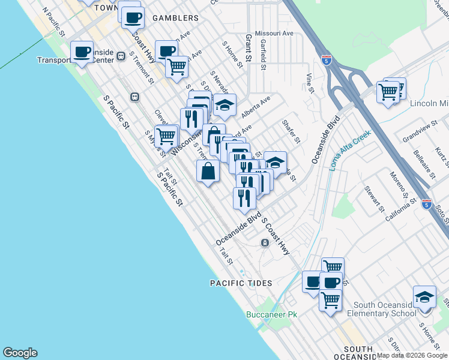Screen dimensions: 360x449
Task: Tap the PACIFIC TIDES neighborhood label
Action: pyautogui.click(x=241, y=283)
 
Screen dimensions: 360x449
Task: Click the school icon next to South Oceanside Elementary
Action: pyautogui.click(x=424, y=297)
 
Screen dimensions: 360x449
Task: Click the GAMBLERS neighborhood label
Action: pyautogui.click(x=175, y=19)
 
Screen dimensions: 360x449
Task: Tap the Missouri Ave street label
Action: pyautogui.click(x=274, y=33)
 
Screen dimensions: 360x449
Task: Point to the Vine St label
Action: pyautogui.click(x=310, y=83)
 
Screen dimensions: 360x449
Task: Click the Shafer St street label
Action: pyautogui.click(x=291, y=131)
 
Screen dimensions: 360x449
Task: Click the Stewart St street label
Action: pyautogui.click(x=373, y=199)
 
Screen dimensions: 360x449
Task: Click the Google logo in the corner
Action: pyautogui.click(x=20, y=353)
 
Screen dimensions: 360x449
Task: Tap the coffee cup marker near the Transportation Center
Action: pyautogui.click(x=82, y=52)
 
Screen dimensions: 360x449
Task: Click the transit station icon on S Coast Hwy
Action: pyautogui.click(x=264, y=242)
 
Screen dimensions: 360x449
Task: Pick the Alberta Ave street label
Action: pyautogui.click(x=256, y=107)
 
